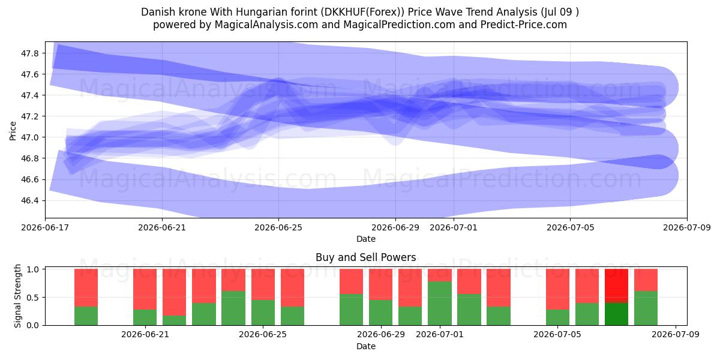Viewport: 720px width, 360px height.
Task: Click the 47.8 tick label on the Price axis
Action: tap(29, 53)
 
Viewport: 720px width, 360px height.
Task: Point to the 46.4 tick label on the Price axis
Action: tap(29, 200)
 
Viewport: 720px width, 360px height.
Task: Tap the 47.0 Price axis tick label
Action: tap(29, 137)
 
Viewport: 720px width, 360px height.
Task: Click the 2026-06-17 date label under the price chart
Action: tap(45, 227)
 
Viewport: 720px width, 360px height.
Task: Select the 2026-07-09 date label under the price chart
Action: tap(687, 227)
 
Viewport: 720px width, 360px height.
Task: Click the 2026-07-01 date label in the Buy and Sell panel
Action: tap(440, 334)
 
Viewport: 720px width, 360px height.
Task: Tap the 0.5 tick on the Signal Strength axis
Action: tap(32, 298)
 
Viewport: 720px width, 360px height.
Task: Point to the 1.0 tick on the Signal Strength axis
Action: tap(32, 269)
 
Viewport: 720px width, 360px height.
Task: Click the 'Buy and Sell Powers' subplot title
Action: tap(366, 257)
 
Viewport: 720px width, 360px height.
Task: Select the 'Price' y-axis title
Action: tap(13, 131)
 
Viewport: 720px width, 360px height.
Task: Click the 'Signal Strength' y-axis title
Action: tap(17, 296)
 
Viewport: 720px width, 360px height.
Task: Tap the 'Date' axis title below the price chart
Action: tap(366, 239)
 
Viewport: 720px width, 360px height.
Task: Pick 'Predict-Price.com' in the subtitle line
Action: tap(524, 25)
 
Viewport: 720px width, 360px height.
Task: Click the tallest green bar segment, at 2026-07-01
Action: tap(440, 304)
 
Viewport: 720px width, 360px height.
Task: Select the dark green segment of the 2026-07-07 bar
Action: tap(617, 314)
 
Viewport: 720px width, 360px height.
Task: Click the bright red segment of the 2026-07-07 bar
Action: tap(617, 286)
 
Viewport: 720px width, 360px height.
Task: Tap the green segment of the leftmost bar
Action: tap(86, 316)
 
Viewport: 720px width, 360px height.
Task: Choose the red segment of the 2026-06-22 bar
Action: tap(174, 292)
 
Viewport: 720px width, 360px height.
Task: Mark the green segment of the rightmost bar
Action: tap(646, 308)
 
